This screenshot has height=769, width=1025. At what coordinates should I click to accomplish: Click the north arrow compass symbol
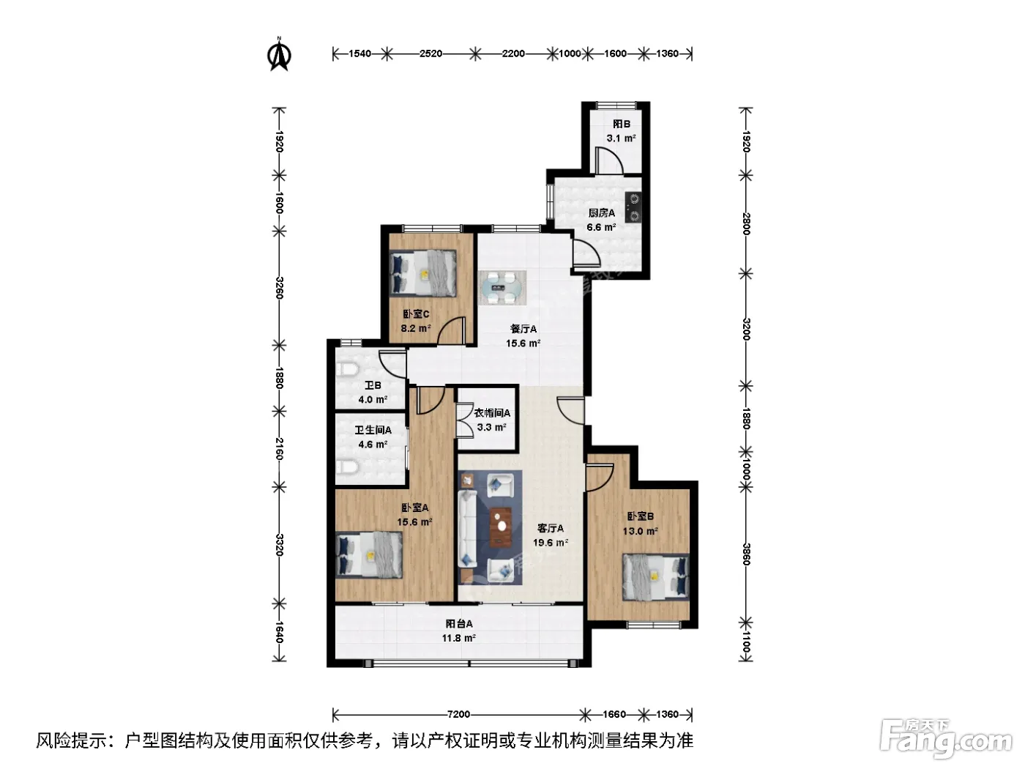[x=279, y=55]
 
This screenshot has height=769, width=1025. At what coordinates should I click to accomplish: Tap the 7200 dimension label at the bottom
[x=458, y=714]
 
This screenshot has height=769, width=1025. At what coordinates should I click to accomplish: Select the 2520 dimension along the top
[x=430, y=53]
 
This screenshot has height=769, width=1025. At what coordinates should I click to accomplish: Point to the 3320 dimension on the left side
[x=279, y=545]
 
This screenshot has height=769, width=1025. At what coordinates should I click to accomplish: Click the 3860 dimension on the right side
[x=746, y=554]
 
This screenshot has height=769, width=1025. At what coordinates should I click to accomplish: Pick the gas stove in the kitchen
[x=634, y=207]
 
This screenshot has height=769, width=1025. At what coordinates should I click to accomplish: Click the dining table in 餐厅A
[x=502, y=288]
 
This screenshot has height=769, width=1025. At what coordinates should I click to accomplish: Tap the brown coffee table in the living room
[x=501, y=526]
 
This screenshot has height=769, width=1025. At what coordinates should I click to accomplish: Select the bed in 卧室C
[x=423, y=273]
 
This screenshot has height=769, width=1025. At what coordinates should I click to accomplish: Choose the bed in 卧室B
[x=655, y=578]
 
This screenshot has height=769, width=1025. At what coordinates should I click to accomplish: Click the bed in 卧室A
[x=369, y=555]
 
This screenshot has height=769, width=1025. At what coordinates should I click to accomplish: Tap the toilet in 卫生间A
[x=347, y=467]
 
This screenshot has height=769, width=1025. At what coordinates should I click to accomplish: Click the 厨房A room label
[x=602, y=213]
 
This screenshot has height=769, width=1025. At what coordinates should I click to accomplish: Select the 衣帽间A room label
[x=492, y=413]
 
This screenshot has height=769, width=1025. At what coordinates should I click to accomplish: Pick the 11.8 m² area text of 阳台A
[x=459, y=638]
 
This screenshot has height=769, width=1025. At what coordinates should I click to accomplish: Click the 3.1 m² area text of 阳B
[x=621, y=138]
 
